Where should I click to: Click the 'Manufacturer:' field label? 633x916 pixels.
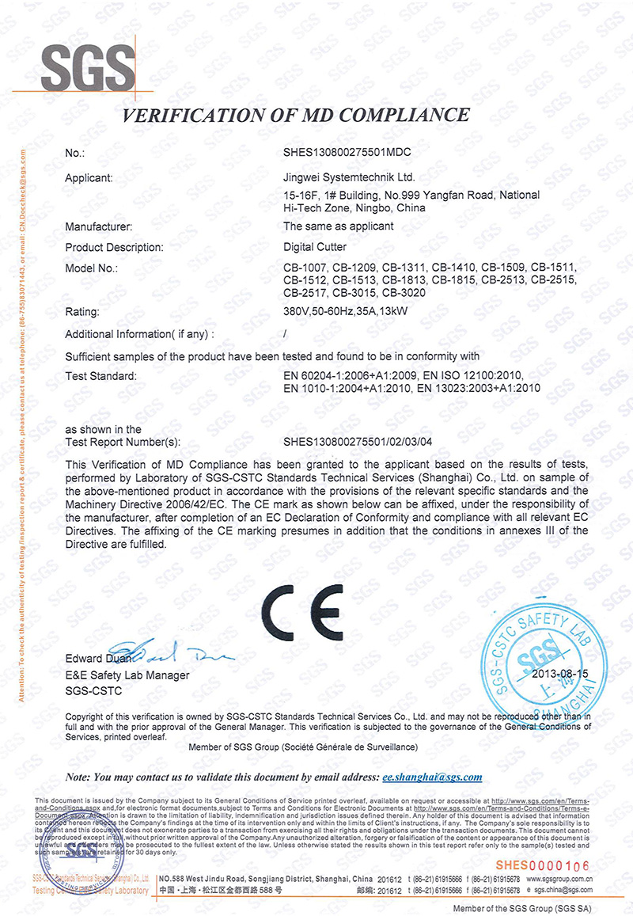point(103,226)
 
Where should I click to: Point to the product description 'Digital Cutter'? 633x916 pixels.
point(316,247)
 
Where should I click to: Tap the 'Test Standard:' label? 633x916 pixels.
point(101,375)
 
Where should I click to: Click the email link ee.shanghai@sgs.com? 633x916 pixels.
point(432,777)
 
